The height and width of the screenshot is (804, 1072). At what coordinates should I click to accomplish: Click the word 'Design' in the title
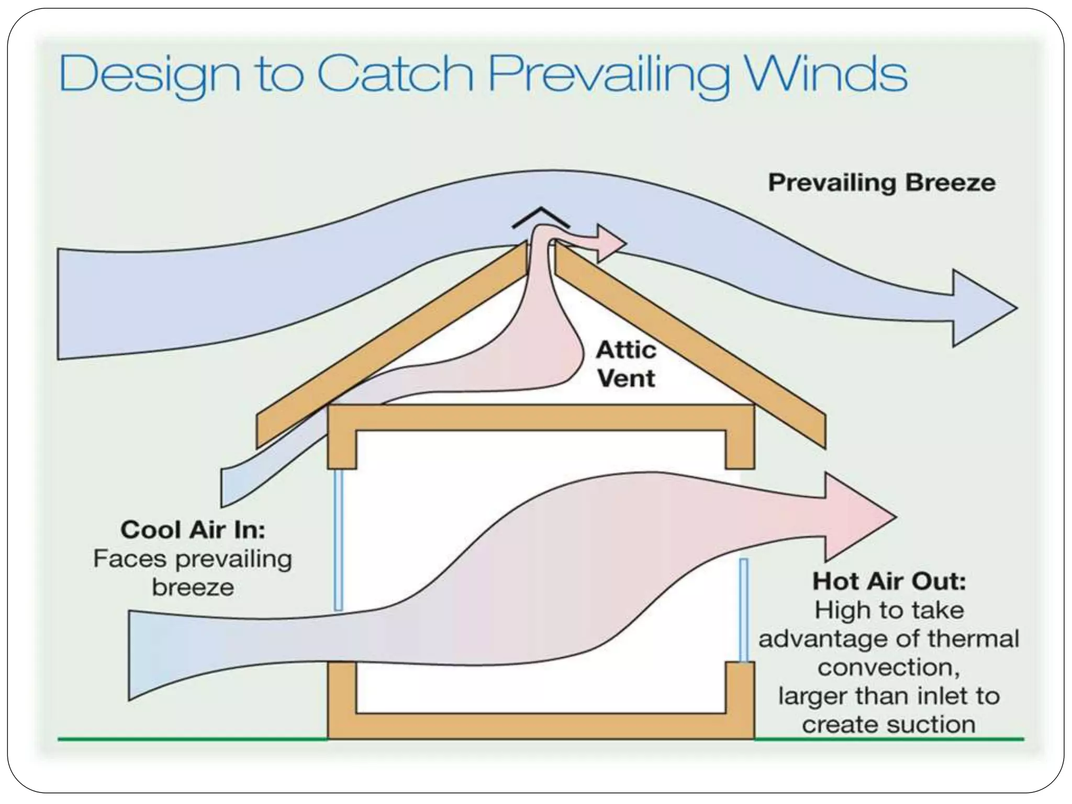[x=150, y=75]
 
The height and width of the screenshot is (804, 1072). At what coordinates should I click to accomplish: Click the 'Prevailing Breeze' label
[x=882, y=183]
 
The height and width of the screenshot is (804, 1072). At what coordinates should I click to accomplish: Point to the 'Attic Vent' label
[x=626, y=364]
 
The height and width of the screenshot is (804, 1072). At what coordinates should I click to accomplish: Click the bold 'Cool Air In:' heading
[x=193, y=530]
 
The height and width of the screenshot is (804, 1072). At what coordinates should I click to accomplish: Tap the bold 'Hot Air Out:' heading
[x=889, y=581]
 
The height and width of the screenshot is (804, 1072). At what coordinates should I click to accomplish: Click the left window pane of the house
[x=339, y=540]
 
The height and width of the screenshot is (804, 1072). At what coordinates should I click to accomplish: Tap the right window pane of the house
[x=744, y=610]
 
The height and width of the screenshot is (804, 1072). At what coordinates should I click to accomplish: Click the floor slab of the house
[x=541, y=726]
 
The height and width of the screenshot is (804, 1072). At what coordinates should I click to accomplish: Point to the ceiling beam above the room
[x=541, y=417]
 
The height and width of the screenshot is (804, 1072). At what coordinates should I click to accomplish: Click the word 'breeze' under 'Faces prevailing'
[x=193, y=587]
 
